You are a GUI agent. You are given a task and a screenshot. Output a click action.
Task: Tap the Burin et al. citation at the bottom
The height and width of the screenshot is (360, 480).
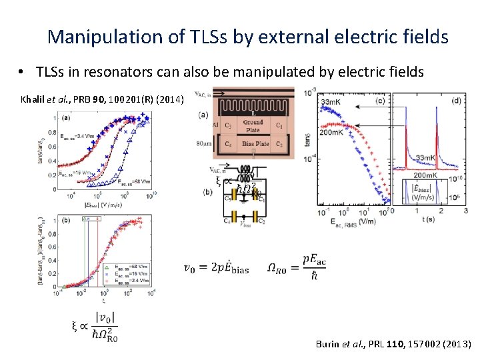[393, 344]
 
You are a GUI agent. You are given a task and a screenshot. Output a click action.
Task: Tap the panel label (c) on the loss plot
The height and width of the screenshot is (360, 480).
[379, 101]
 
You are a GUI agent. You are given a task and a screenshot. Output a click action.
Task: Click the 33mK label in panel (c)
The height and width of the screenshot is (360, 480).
[334, 102]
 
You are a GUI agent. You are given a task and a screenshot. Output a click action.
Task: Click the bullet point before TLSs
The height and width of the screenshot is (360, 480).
[22, 72]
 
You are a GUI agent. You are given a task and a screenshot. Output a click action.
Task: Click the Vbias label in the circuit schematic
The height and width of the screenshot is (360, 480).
[247, 225]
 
